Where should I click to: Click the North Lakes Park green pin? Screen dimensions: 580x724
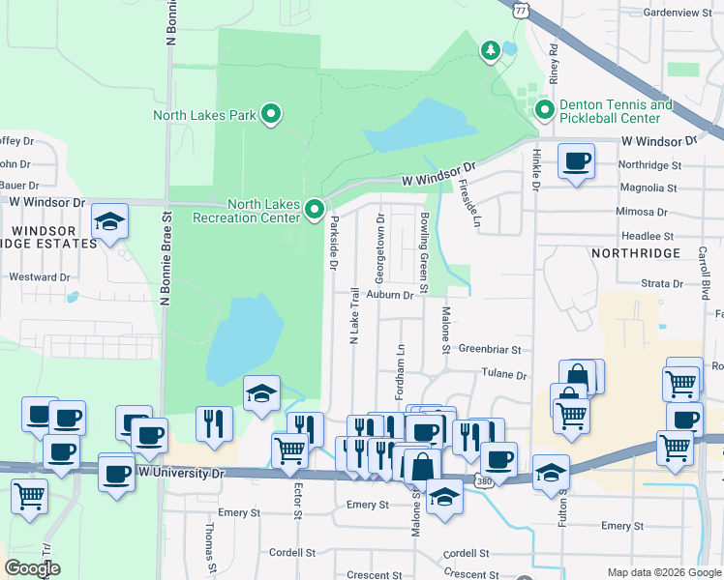(x=272, y=115)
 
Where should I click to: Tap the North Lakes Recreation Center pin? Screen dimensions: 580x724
(x=315, y=209)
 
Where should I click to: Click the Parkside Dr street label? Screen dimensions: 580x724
(x=334, y=230)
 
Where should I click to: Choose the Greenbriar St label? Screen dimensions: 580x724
(x=490, y=349)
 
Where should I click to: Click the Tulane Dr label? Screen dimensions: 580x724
(x=505, y=374)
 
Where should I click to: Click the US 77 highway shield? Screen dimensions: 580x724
(x=521, y=10)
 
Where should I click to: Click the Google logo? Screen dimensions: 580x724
(x=32, y=568)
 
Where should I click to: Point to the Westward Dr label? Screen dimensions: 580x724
(x=40, y=276)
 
